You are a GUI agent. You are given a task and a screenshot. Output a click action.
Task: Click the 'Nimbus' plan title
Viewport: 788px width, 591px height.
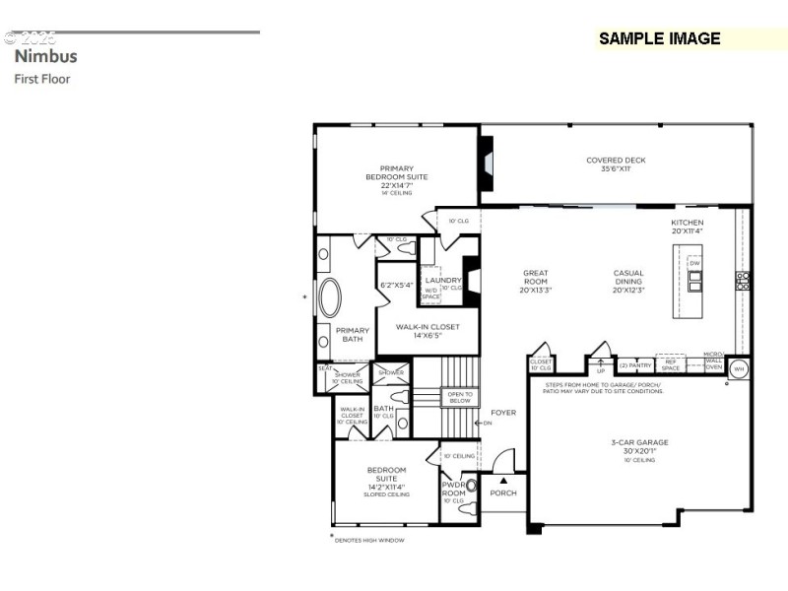(x=45, y=56)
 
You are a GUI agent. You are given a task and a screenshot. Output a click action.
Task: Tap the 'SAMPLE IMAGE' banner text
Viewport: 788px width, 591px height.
(x=659, y=39)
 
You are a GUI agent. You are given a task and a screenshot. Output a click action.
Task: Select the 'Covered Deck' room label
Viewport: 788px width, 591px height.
(x=616, y=164)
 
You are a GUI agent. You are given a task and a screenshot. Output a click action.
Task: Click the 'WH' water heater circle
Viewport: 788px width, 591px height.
(x=740, y=368)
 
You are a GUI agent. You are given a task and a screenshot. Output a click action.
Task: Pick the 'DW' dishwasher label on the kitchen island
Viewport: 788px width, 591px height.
(x=694, y=263)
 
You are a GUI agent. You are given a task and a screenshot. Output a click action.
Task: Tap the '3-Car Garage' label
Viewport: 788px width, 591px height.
(x=639, y=448)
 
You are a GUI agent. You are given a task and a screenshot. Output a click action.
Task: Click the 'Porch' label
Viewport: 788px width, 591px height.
(x=503, y=492)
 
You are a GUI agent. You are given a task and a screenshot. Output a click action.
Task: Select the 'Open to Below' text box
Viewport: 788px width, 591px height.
(x=460, y=397)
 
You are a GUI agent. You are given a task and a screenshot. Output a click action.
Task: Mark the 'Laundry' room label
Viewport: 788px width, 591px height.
(x=437, y=280)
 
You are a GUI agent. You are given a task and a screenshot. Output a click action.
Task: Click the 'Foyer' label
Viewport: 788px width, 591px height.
(x=503, y=413)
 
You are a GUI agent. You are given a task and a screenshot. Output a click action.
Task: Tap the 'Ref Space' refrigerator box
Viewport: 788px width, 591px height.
(x=670, y=364)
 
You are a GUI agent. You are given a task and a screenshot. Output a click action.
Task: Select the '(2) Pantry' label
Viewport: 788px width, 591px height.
(x=635, y=364)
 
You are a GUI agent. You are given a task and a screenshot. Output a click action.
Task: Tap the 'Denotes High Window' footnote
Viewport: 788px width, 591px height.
(x=369, y=539)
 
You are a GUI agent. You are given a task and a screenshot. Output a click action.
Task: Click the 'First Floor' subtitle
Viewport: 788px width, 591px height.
(x=42, y=79)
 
